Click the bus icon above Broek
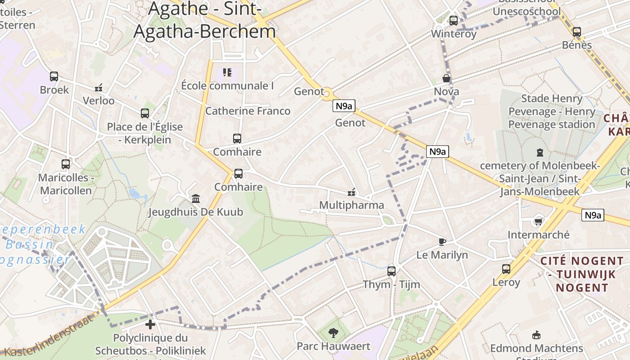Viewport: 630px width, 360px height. pos(54,76)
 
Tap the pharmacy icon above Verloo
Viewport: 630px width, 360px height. pos(99,87)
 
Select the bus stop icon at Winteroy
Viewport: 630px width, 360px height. pos(453,20)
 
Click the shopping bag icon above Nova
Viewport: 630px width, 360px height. pos(446,78)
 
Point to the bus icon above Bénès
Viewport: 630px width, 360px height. pos(576,32)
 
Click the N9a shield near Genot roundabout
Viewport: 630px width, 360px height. pos(344,106)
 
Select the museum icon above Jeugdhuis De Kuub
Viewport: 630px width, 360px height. pos(196,198)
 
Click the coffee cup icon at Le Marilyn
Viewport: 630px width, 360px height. pos(442,242)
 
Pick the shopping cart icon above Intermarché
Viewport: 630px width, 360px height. pos(538,221)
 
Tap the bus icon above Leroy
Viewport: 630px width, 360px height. pos(506,269)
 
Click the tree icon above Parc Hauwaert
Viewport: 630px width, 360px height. pos(333,333)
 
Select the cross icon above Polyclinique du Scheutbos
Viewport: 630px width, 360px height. pos(150,324)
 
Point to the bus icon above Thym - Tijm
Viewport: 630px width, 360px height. pos(391,271)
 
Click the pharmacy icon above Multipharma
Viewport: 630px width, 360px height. pos(351,192)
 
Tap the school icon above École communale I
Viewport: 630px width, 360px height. pos(227,72)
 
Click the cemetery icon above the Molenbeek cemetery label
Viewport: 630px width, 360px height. pos(540,153)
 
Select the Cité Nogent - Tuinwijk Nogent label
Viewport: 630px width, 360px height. pos(582,274)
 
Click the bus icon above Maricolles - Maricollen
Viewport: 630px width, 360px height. pos(66,164)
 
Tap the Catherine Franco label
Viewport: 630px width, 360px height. pos(247,111)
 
